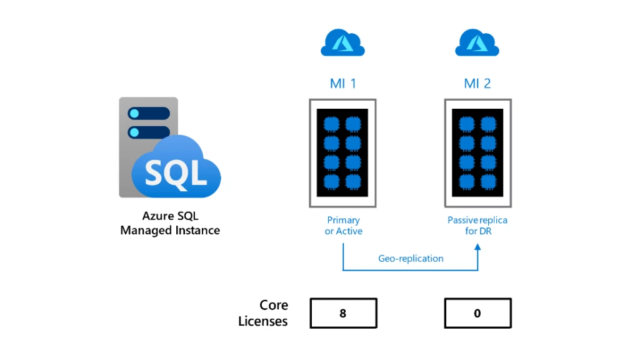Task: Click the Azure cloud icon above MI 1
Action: point(342,43)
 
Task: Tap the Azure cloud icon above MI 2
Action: point(477,43)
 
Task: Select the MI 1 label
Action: point(342,83)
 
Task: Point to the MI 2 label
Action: point(477,83)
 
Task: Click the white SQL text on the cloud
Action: point(176,171)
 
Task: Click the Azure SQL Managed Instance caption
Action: point(170,223)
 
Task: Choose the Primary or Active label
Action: point(343,226)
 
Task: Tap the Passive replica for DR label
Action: point(477,226)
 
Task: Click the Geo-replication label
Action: point(411,258)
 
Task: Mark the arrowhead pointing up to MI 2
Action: point(477,248)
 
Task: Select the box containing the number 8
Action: point(343,313)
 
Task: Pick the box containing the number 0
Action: point(477,313)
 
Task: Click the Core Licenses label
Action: point(264,313)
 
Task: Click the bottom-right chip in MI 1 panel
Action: point(354,182)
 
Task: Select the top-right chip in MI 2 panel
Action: point(489,122)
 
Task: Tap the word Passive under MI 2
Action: point(462,220)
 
